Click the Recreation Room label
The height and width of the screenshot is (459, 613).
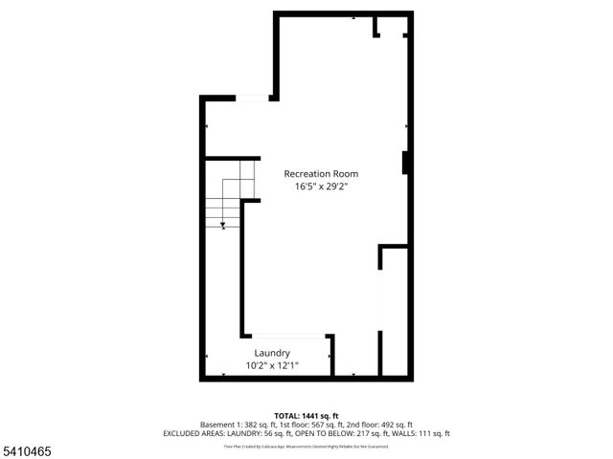[x=320, y=174]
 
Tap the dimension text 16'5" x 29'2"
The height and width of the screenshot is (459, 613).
[x=320, y=187]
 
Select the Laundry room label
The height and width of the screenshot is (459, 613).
[x=272, y=353]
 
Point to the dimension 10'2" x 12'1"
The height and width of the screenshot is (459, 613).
[x=272, y=365]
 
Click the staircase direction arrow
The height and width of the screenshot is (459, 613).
[x=222, y=224]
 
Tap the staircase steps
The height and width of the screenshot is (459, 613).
[x=230, y=201]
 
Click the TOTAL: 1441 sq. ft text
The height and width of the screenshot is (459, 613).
[x=306, y=416]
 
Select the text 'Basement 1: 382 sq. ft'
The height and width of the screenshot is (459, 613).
[x=236, y=425]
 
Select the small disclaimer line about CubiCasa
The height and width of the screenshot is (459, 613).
[x=306, y=446]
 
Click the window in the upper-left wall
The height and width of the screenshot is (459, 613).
[x=253, y=98]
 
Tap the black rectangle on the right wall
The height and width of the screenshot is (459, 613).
[x=406, y=163]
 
